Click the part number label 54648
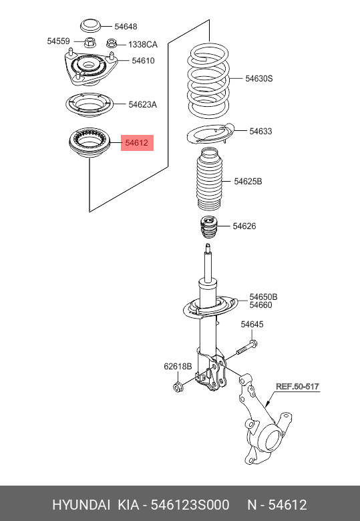point(126,27)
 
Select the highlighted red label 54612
point(137,143)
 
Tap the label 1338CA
point(142,45)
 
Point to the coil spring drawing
point(210,79)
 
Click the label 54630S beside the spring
point(259,79)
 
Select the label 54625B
point(248,182)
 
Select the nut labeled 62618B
point(178,387)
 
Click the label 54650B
point(263,297)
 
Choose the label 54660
point(260,305)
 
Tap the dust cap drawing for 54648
point(91,27)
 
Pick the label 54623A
point(143,104)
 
